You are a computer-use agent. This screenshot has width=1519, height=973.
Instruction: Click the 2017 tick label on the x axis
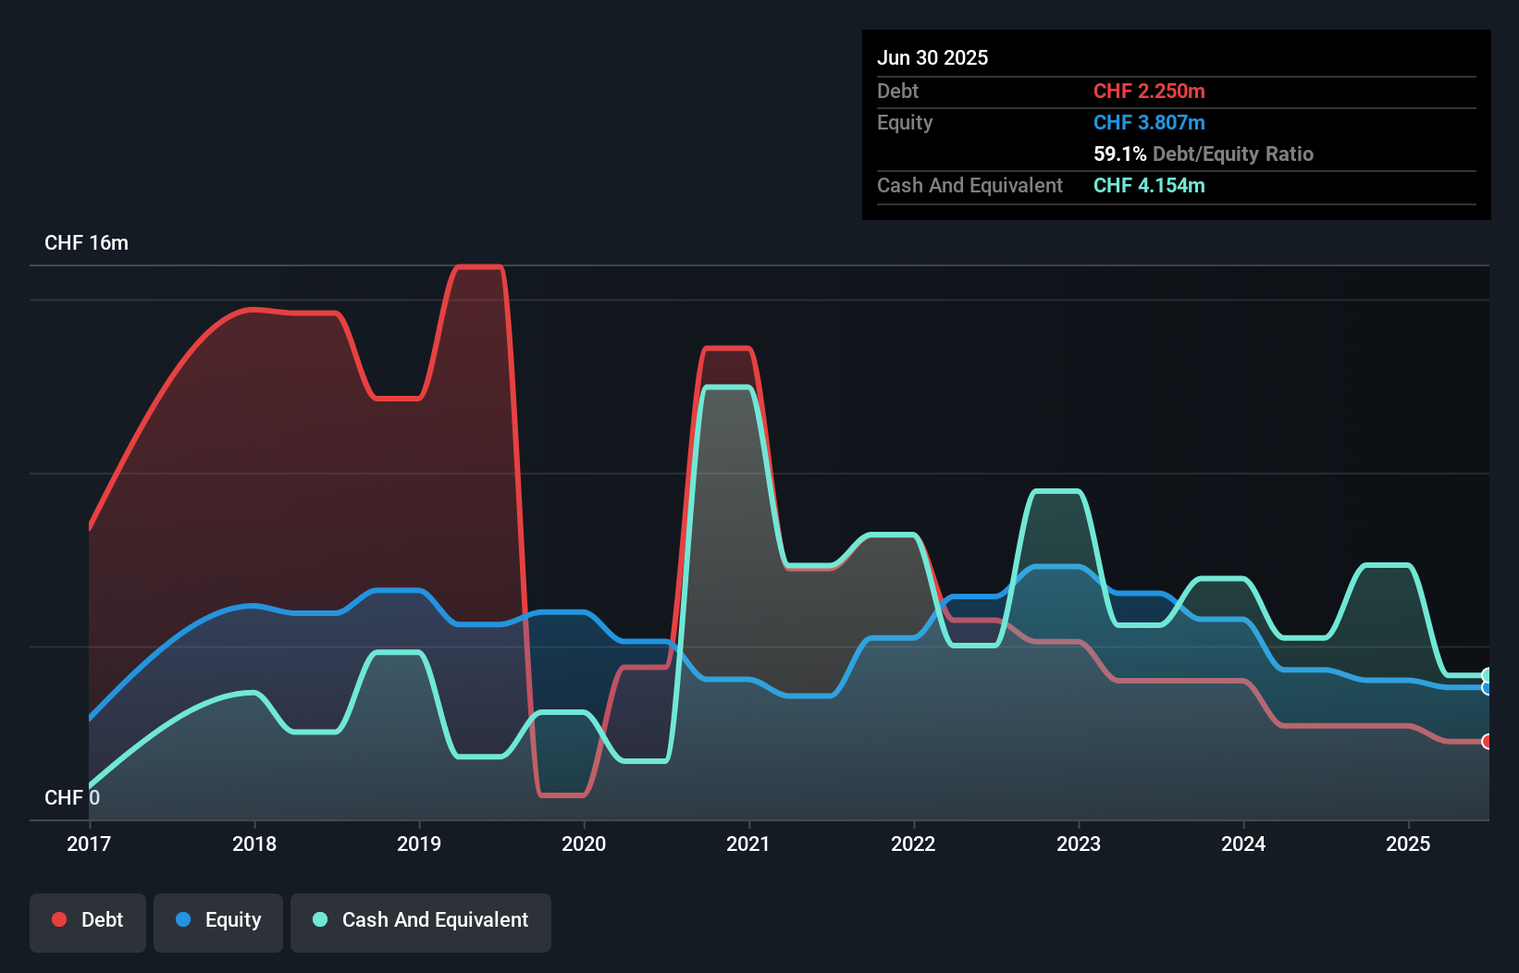click(x=89, y=844)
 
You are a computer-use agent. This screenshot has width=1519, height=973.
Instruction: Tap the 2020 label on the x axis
click(x=584, y=844)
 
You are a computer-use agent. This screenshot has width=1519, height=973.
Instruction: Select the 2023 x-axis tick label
click(x=1079, y=844)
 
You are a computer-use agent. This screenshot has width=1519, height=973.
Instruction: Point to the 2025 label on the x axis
click(x=1408, y=844)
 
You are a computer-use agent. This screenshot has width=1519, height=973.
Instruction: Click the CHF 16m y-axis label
click(x=86, y=243)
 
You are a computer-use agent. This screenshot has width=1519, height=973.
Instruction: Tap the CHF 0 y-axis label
click(x=71, y=797)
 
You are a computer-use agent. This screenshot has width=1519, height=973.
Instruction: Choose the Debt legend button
click(x=88, y=920)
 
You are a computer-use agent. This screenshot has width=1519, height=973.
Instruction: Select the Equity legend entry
click(x=218, y=920)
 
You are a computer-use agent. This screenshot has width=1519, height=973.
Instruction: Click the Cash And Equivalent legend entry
click(x=421, y=920)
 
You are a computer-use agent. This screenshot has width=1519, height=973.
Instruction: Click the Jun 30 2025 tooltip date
click(x=932, y=57)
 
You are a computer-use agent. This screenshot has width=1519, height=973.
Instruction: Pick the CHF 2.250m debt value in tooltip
click(x=1149, y=91)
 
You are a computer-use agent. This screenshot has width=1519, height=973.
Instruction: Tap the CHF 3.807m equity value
click(x=1149, y=122)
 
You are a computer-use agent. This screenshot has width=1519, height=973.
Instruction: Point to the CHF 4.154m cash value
click(x=1149, y=185)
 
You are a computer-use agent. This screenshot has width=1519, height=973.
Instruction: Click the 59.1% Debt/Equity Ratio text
click(x=1203, y=154)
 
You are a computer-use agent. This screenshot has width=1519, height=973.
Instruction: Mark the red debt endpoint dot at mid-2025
click(x=1487, y=742)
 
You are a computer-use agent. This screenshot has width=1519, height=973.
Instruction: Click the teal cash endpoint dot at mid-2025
click(x=1487, y=675)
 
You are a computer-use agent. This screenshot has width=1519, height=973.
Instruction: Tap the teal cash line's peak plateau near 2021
click(x=727, y=388)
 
